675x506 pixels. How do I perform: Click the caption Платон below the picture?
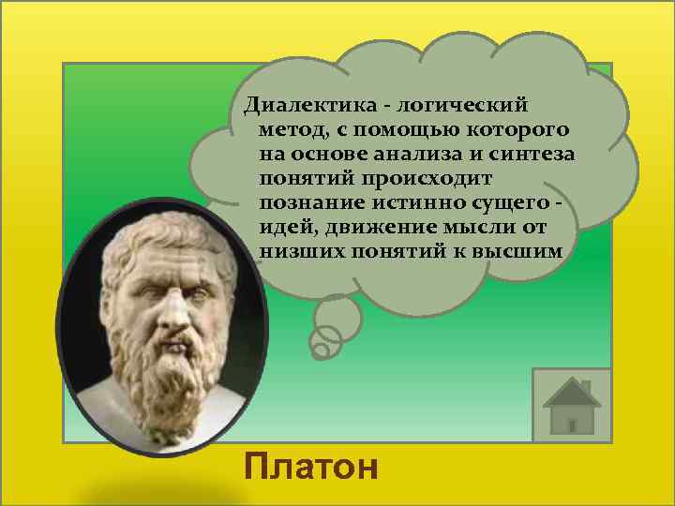pyautogui.click(x=310, y=466)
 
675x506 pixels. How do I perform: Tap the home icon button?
pyautogui.click(x=571, y=405)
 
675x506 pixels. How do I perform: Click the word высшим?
pyautogui.click(x=519, y=253)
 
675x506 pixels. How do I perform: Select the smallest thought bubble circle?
pyautogui.click(x=320, y=351)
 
